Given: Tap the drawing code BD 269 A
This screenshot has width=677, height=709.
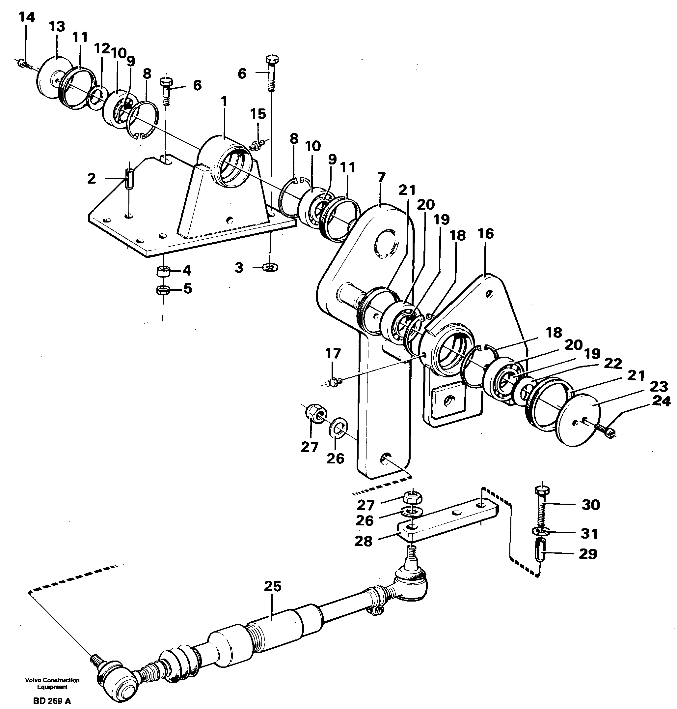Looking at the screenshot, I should click(52, 701).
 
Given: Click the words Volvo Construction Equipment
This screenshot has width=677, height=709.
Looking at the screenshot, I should click(52, 683).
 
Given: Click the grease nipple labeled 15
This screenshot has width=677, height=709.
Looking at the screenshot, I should click(257, 146).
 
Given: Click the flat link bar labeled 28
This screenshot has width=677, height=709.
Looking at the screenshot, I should click(447, 521).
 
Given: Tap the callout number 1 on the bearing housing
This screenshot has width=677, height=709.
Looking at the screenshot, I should click(224, 102).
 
